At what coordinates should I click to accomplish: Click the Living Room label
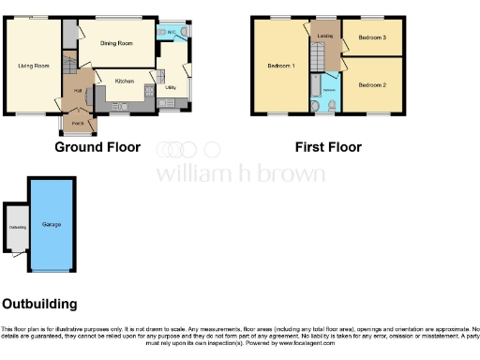33,65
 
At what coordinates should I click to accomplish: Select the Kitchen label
125,82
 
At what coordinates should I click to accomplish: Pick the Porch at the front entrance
76,122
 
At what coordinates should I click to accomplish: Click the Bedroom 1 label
281,66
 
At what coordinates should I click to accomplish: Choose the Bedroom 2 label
372,85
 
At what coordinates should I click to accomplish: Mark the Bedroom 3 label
372,37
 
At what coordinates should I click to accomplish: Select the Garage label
52,226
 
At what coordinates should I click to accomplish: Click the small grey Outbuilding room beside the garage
18,227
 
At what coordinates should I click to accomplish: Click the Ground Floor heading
97,147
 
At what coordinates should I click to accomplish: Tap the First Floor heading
328,147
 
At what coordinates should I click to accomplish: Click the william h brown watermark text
240,173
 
